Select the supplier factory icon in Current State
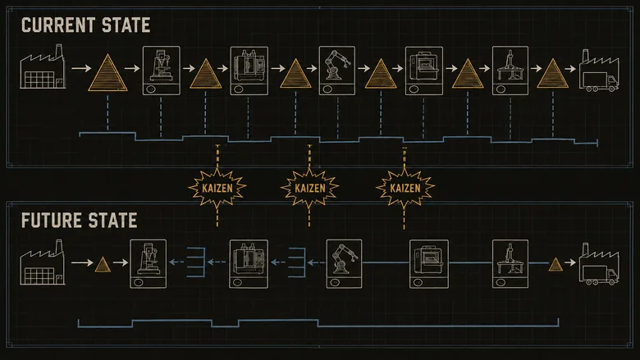pyautogui.click(x=43, y=66)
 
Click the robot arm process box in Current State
pyautogui.click(x=336, y=71)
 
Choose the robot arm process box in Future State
pyautogui.click(x=344, y=264)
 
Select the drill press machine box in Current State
pyautogui.click(x=161, y=71)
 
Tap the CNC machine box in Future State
pyautogui.click(x=249, y=264)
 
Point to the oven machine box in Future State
pyautogui.click(x=429, y=264)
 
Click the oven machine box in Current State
pyautogui.click(x=424, y=71)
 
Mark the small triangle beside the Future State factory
pyautogui.click(x=103, y=265)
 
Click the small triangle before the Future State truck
pyautogui.click(x=555, y=265)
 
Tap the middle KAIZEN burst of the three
pyautogui.click(x=309, y=188)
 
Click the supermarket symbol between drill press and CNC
pyautogui.click(x=196, y=262)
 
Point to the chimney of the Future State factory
pyautogui.click(x=59, y=246)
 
